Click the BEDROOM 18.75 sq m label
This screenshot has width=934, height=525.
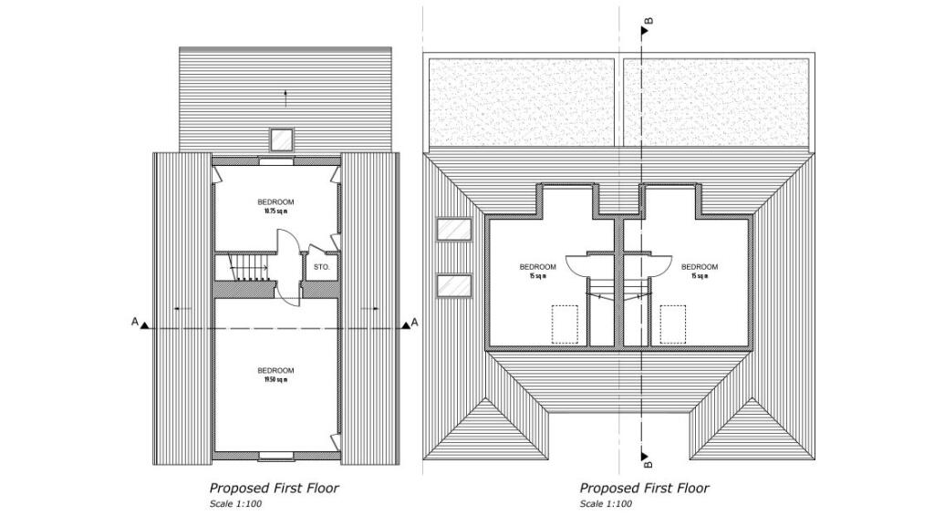pyautogui.click(x=275, y=206)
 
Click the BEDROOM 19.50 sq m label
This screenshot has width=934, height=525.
pyautogui.click(x=275, y=374)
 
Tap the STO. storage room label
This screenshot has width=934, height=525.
pyautogui.click(x=321, y=267)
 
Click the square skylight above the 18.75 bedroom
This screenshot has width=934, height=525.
pyautogui.click(x=281, y=140)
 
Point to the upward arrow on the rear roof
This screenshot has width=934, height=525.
pyautogui.click(x=285, y=94)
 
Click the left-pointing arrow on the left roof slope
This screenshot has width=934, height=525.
pyautogui.click(x=183, y=309)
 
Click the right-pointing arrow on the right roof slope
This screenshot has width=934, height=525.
pyautogui.click(x=370, y=309)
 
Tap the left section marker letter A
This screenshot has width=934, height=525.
pyautogui.click(x=134, y=322)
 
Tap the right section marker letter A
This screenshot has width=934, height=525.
pyautogui.click(x=415, y=322)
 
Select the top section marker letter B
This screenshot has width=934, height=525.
pyautogui.click(x=649, y=20)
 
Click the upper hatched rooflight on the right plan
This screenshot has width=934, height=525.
pyautogui.click(x=453, y=230)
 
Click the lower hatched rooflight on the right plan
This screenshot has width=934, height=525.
pyautogui.click(x=453, y=286)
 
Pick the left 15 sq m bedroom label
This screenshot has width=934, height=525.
pyautogui.click(x=537, y=271)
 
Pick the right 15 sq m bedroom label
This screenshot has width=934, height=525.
pyautogui.click(x=700, y=271)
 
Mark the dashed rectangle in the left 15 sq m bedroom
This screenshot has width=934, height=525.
pyautogui.click(x=565, y=324)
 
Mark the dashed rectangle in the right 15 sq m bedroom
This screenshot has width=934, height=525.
pyautogui.click(x=673, y=324)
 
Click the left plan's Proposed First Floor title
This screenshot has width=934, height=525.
pyautogui.click(x=274, y=489)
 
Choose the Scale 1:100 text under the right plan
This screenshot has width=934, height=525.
pyautogui.click(x=606, y=504)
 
